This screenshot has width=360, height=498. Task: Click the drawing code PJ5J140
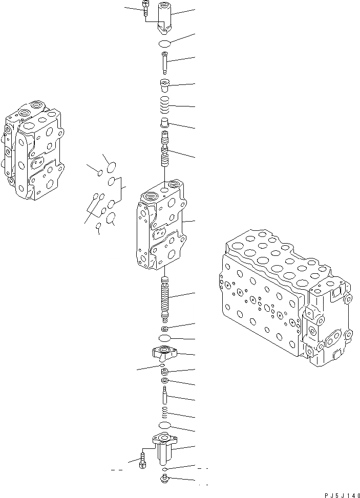343,494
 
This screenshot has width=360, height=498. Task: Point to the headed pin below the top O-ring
165,62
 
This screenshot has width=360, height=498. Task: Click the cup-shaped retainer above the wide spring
165,85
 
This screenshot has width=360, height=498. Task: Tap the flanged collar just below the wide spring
165,123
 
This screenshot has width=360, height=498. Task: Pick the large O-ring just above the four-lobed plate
165,339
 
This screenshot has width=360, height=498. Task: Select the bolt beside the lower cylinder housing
142,459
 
